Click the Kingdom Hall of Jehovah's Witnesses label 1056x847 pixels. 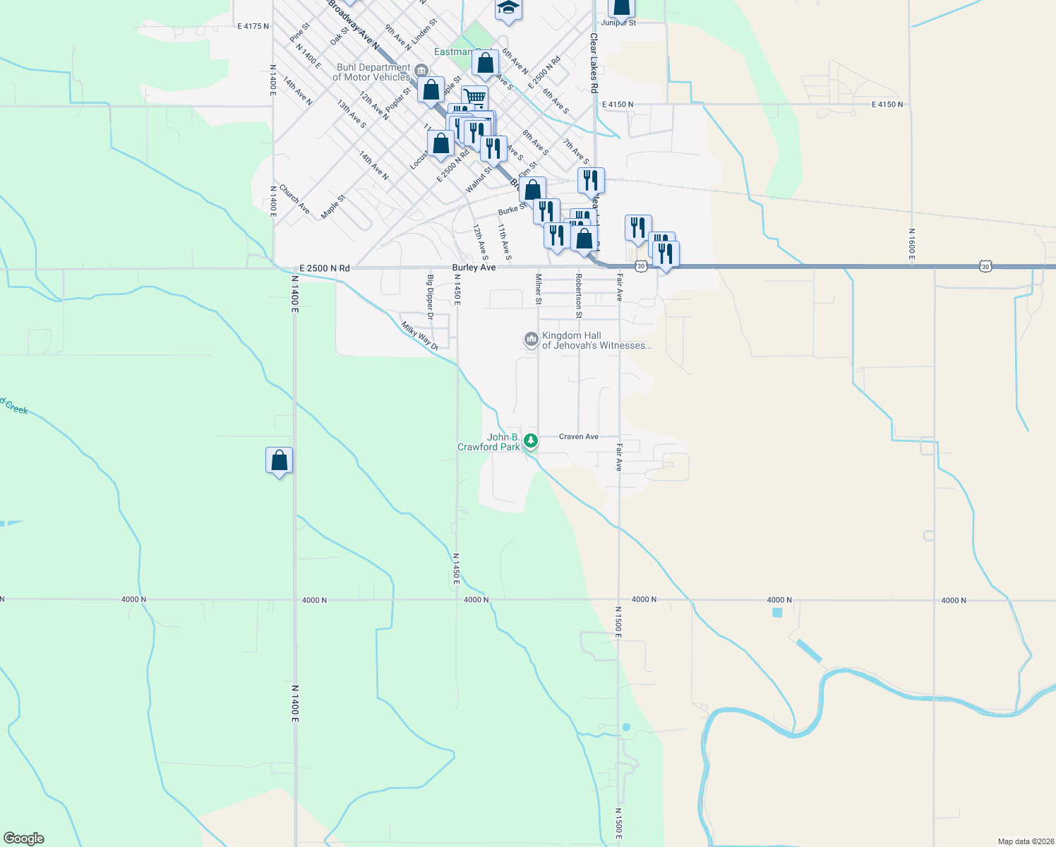[x=596, y=341]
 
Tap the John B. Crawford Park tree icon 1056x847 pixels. [x=531, y=441]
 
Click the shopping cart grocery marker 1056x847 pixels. [x=475, y=97]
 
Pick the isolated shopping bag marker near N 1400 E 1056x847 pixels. [x=280, y=460]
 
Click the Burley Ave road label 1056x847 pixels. [x=474, y=268]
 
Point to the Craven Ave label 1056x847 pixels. [x=578, y=437]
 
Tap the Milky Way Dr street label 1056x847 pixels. [x=420, y=336]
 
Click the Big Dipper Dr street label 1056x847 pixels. [x=430, y=296]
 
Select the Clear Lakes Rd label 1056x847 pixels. [x=594, y=64]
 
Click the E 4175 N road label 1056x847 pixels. [x=253, y=27]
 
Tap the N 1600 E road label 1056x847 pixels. [x=911, y=244]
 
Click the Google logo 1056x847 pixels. [x=24, y=839]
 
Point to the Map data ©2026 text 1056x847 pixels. [x=1025, y=841]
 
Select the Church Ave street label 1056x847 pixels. [x=294, y=199]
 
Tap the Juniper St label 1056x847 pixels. [x=619, y=23]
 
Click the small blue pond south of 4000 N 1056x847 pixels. [x=777, y=613]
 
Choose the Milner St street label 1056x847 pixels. [x=539, y=289]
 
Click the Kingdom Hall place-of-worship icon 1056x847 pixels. [x=531, y=340]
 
